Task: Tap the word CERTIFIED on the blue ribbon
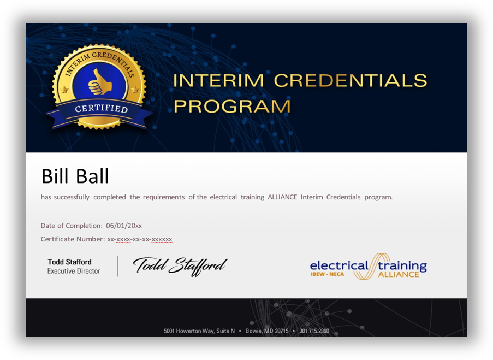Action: point(101,108)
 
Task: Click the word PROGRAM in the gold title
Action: point(232,106)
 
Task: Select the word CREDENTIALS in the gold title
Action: point(350,81)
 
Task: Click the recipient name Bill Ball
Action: point(75,176)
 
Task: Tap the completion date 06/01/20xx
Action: point(124,226)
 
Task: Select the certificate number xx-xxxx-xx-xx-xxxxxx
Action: point(140,239)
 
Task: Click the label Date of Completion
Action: point(72,226)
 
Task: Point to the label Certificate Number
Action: point(73,239)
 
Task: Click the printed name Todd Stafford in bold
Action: point(69,262)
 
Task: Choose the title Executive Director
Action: point(74,271)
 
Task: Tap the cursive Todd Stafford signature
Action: point(180,266)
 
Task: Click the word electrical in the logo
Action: point(338,266)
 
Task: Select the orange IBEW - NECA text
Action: point(327,274)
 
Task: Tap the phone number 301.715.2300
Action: point(314,331)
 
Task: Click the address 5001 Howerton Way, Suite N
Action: point(199,331)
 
